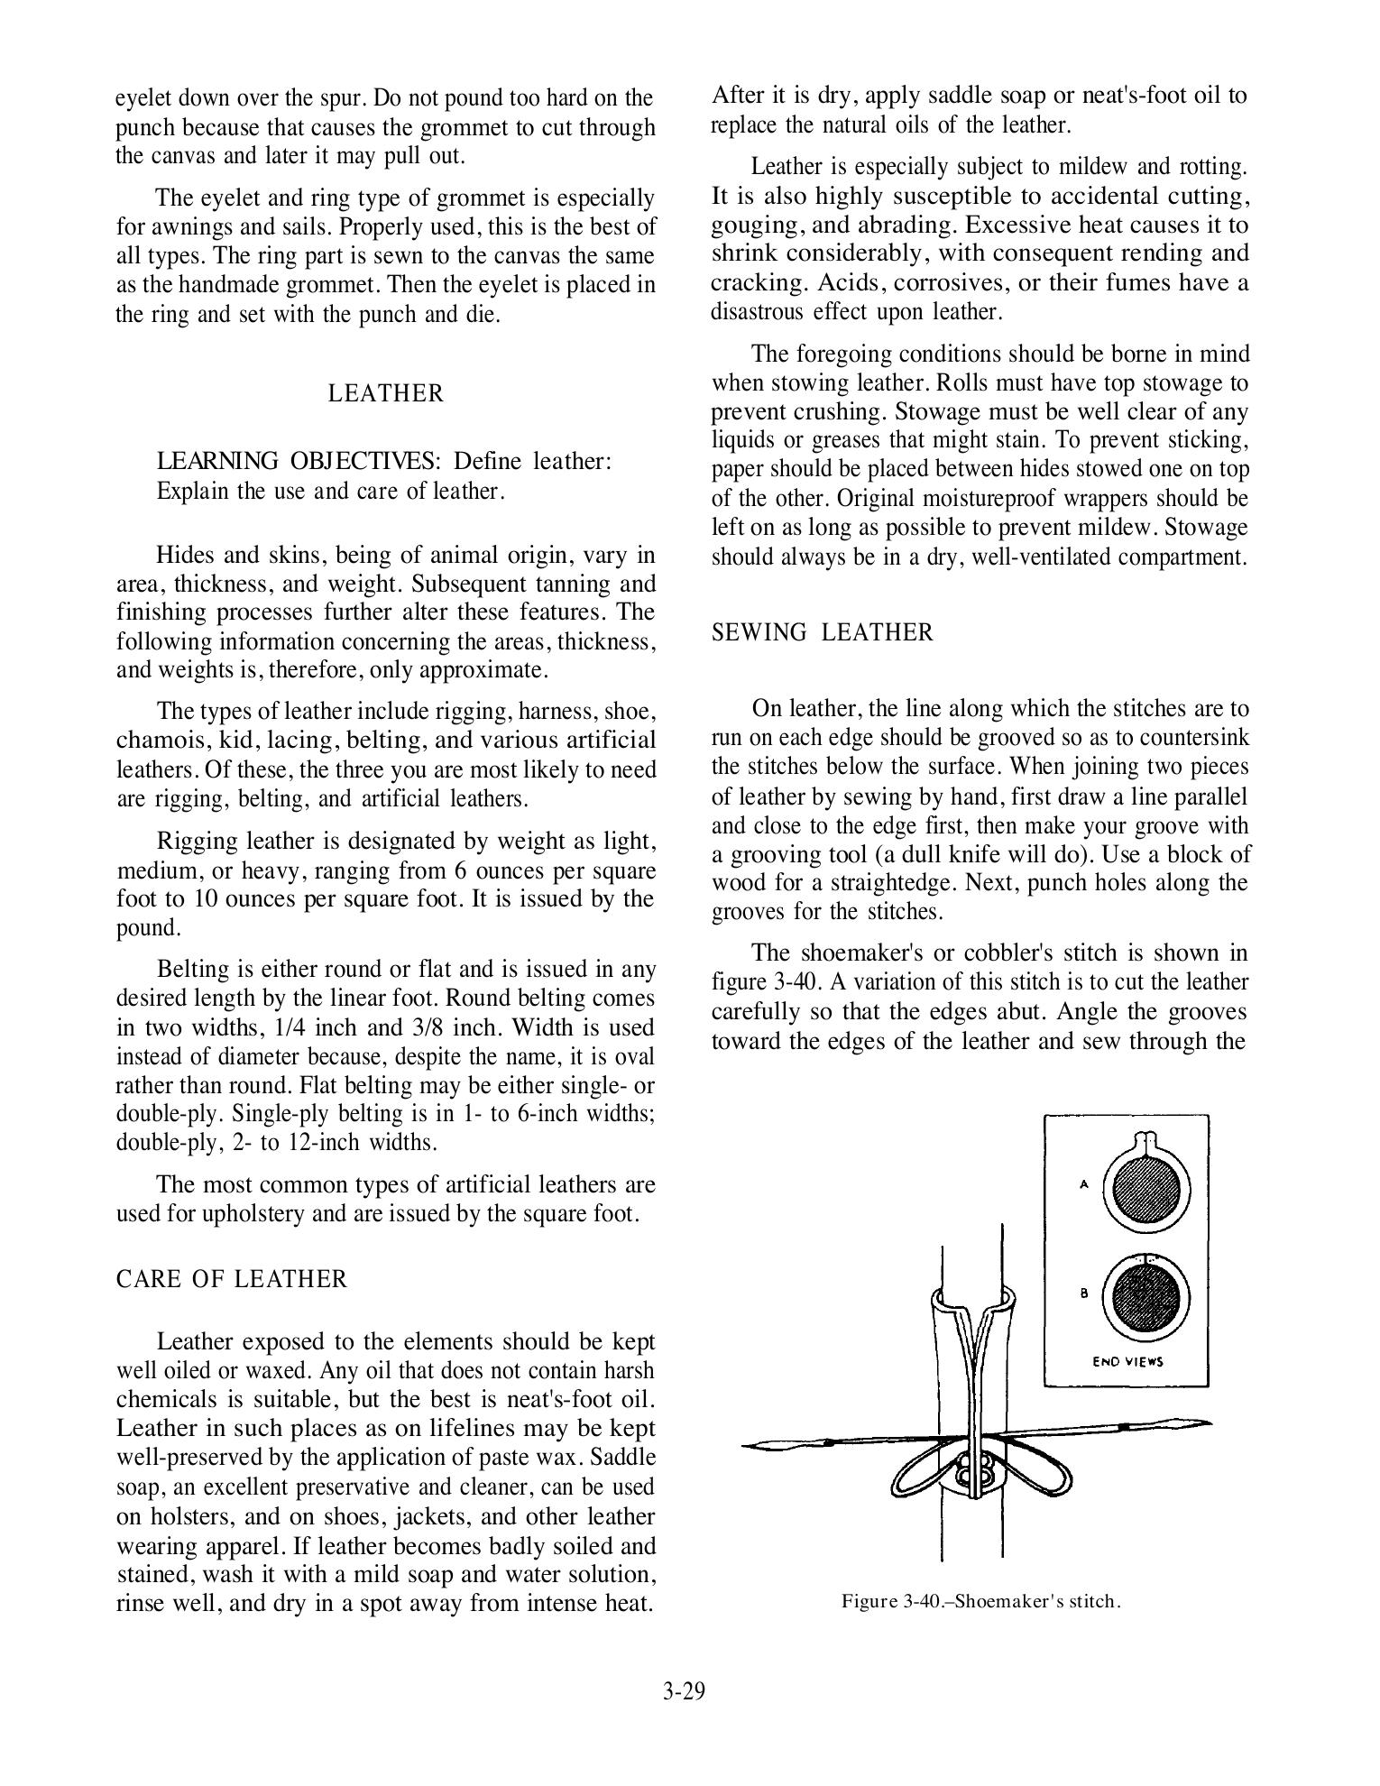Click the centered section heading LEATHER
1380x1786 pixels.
pyautogui.click(x=385, y=394)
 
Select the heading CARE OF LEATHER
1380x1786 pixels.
pyautogui.click(x=232, y=1279)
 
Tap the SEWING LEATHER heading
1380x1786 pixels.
pyautogui.click(x=823, y=632)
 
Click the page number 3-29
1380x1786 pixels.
pyautogui.click(x=683, y=1690)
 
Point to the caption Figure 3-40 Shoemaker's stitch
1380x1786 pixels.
pyautogui.click(x=981, y=1601)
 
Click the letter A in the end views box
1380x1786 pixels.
pyautogui.click(x=1083, y=1184)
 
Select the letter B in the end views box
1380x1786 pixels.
pyautogui.click(x=1084, y=1293)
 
